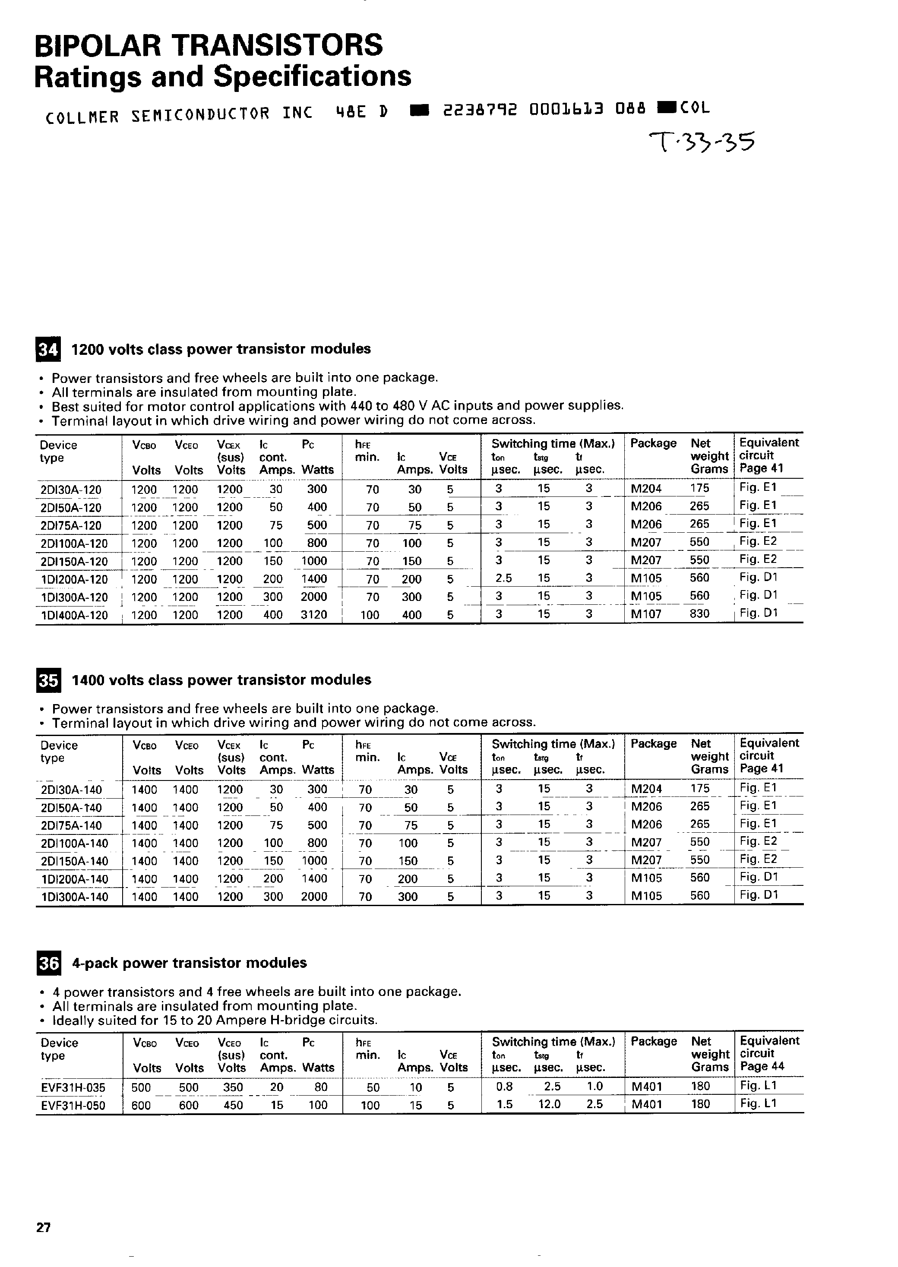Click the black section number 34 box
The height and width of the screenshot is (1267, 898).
click(48, 349)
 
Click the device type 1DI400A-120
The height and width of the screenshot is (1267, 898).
click(74, 615)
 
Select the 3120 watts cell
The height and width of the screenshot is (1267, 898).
click(313, 615)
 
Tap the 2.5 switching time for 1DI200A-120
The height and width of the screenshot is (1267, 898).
click(503, 578)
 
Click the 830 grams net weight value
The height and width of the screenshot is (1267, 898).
click(699, 613)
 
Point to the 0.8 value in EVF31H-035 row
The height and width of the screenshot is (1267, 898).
click(504, 1087)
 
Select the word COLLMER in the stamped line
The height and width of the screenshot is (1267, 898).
click(82, 117)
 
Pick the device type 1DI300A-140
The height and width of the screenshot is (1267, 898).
click(75, 897)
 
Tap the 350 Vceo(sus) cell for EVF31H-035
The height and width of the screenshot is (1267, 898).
click(233, 1087)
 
